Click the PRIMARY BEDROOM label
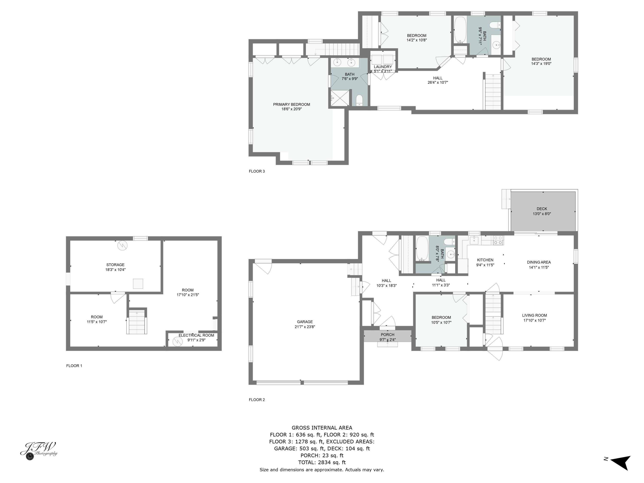pos(292,105)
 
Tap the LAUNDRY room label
pos(383,67)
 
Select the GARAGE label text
pos(305,322)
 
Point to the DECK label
pos(542,209)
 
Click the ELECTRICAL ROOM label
pos(196,335)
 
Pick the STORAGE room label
pos(115,265)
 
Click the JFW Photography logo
pos(39,451)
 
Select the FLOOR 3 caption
pos(257,171)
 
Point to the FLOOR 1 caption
pos(74,366)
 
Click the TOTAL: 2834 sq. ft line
pos(322,462)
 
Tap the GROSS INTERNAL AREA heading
pos(322,428)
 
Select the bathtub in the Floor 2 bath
pos(422,248)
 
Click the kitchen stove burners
pos(498,240)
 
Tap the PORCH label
pos(387,335)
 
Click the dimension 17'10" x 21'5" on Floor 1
pos(188,295)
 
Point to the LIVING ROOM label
pos(535,315)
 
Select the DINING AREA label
pos(539,262)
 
